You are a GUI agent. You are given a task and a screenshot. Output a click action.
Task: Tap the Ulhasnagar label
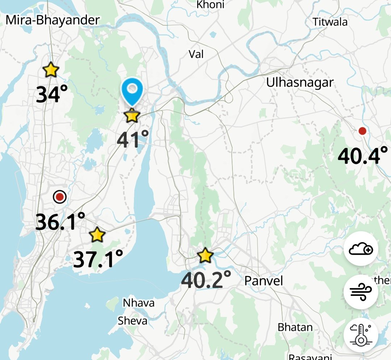click(299, 82)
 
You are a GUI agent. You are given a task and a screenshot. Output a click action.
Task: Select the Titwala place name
click(330, 22)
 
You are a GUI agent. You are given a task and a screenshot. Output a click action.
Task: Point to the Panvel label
click(263, 280)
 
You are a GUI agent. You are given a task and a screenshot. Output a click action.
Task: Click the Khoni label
click(210, 5)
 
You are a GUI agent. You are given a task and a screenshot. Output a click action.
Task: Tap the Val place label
click(196, 54)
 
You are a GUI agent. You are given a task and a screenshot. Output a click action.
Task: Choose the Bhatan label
click(295, 327)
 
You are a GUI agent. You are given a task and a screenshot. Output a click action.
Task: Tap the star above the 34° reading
click(51, 69)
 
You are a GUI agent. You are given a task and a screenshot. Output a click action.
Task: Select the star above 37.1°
click(97, 235)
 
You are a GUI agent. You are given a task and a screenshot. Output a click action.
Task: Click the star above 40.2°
click(205, 256)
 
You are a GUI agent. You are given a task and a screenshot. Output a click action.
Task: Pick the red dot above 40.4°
click(362, 131)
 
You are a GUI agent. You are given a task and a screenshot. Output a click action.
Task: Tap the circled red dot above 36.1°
click(60, 197)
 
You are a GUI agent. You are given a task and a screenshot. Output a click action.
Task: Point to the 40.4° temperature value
click(362, 156)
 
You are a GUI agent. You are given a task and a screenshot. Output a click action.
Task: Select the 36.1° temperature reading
click(60, 221)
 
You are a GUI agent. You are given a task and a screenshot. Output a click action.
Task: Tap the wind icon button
click(361, 292)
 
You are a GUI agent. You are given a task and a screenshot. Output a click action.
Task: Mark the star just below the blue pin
click(131, 116)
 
